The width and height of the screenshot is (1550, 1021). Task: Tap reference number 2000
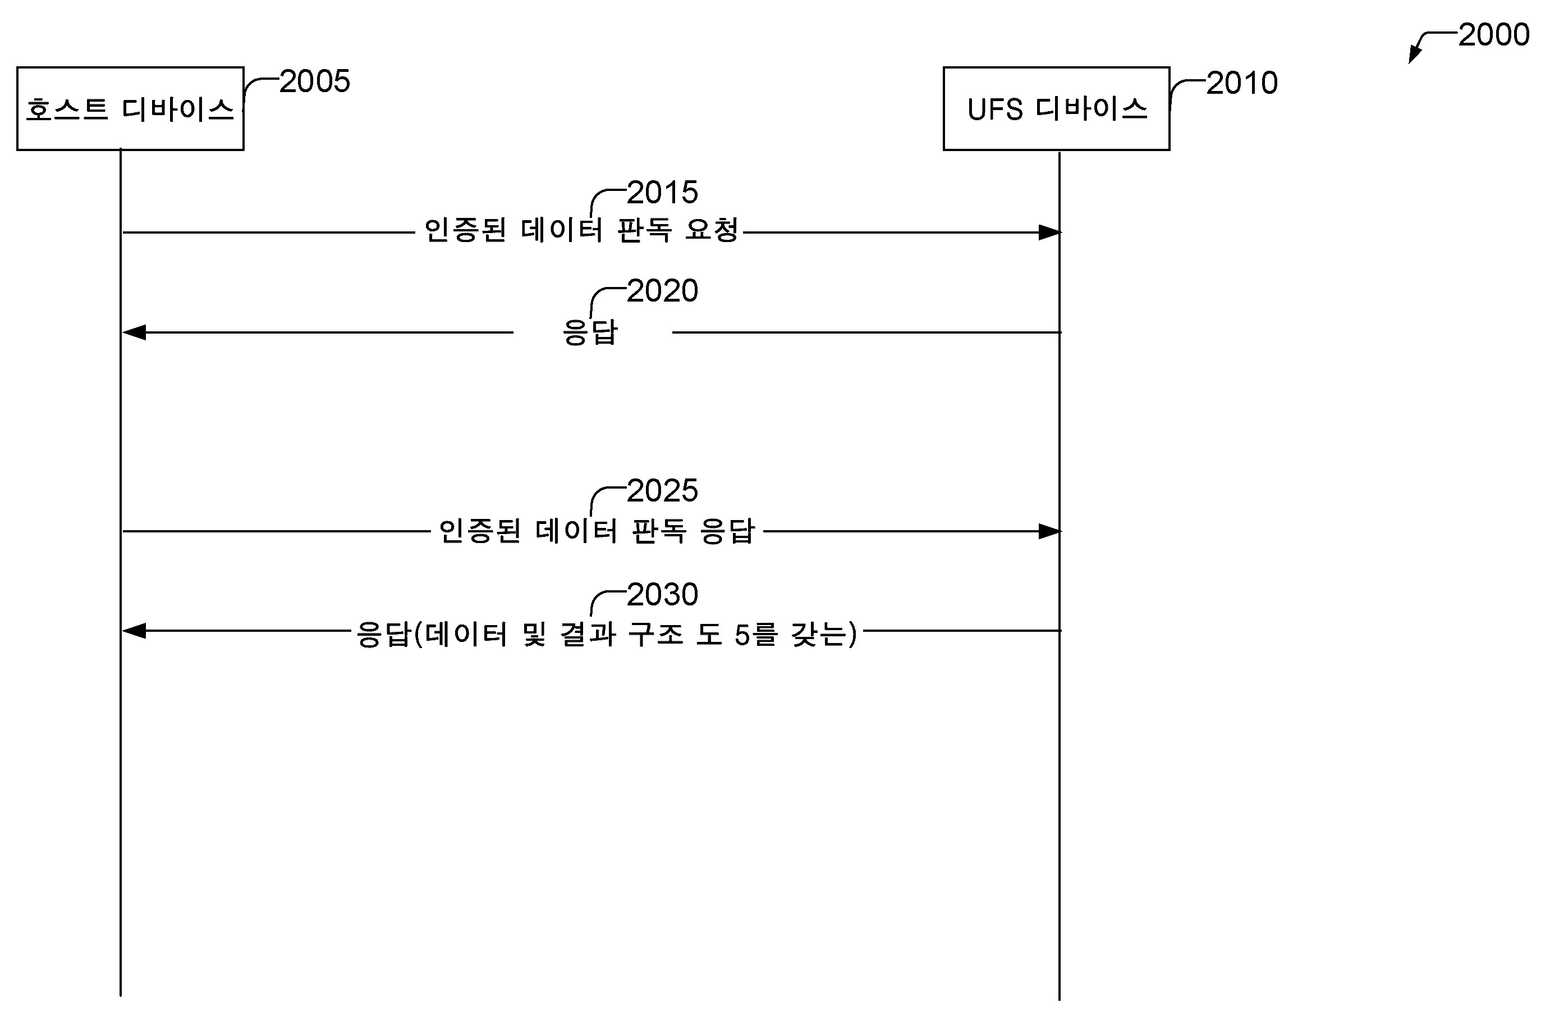coord(1493,34)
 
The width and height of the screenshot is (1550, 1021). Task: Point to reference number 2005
coord(315,81)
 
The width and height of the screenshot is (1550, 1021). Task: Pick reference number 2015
coord(662,193)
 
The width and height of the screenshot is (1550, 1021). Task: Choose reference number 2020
coord(662,290)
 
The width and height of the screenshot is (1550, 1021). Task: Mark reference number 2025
coord(662,491)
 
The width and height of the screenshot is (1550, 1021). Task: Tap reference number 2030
coord(662,594)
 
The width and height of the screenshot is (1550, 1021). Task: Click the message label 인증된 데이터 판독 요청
coord(581,230)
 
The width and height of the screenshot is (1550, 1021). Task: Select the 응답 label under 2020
coord(590,332)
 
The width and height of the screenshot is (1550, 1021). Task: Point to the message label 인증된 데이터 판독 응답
coord(597,530)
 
